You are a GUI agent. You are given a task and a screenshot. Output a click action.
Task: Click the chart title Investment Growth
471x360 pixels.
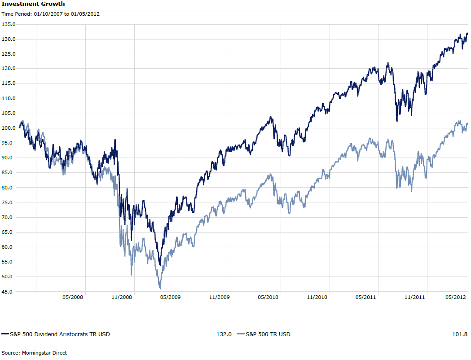[x=33, y=4]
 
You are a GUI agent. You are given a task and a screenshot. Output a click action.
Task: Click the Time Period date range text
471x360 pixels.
[x=51, y=14]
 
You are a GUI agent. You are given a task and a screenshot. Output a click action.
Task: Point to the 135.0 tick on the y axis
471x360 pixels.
[x=9, y=24]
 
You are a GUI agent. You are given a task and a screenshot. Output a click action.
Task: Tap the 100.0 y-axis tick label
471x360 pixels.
[x=9, y=128]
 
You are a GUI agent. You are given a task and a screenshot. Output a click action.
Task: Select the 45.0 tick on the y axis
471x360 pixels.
[x=9, y=292]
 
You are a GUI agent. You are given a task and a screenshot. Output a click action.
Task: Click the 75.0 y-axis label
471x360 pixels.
[x=9, y=202]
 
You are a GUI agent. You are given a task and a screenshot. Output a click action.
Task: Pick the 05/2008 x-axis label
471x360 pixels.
[x=73, y=297]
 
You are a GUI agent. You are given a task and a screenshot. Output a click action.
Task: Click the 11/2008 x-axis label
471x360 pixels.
[x=122, y=297]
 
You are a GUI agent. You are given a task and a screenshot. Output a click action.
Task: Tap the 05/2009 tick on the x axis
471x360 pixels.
[x=170, y=297]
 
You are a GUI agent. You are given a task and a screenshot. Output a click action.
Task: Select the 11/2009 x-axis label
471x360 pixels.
[x=219, y=297]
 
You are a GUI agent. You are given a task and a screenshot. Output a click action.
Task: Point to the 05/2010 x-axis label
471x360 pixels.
[x=268, y=297]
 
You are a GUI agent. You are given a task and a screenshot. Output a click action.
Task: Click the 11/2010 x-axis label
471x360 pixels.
[x=317, y=297]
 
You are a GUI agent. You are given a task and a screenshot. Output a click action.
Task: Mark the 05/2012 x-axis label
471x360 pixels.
[x=456, y=297]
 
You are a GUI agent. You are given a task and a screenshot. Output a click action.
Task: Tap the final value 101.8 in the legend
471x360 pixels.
[x=461, y=334]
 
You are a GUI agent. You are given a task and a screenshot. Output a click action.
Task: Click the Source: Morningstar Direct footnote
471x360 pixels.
[x=34, y=353]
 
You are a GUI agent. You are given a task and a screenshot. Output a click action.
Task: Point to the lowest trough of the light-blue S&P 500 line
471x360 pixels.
[x=160, y=288]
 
